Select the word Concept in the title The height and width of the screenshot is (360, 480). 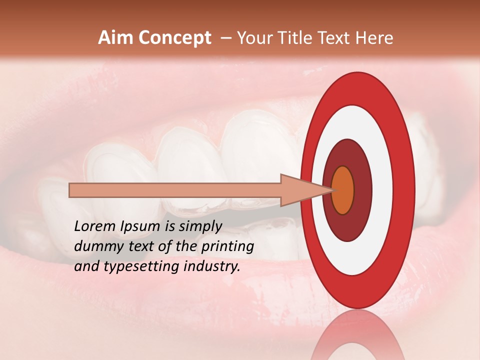pos(174,38)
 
